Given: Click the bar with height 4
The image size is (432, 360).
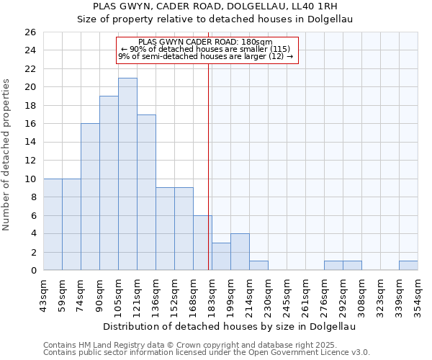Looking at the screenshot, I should (x=240, y=251).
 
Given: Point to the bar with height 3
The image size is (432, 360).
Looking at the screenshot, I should (x=221, y=256).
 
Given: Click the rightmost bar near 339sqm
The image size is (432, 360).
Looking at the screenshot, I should (x=408, y=265).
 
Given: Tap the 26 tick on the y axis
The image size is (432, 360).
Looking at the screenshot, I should (x=30, y=32).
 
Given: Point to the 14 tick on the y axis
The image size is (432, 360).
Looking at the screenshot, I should (x=30, y=142).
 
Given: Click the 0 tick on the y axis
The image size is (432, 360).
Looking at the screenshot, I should (x=32, y=270).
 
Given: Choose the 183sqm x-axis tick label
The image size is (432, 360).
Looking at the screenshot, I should (x=212, y=294).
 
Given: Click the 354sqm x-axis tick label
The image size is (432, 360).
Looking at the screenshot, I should (x=418, y=294).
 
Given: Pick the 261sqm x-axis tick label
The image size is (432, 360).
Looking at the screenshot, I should (x=305, y=294).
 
